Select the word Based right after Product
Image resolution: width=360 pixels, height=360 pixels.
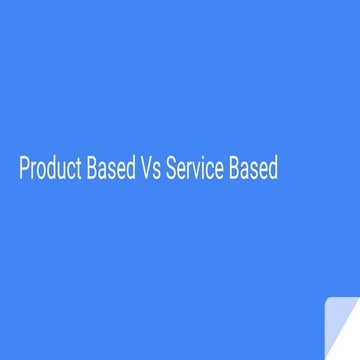point(112,171)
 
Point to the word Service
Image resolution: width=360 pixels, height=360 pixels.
point(196,171)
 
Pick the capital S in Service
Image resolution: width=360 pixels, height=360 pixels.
point(170,171)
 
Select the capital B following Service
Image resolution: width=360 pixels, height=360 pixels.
point(235,171)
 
